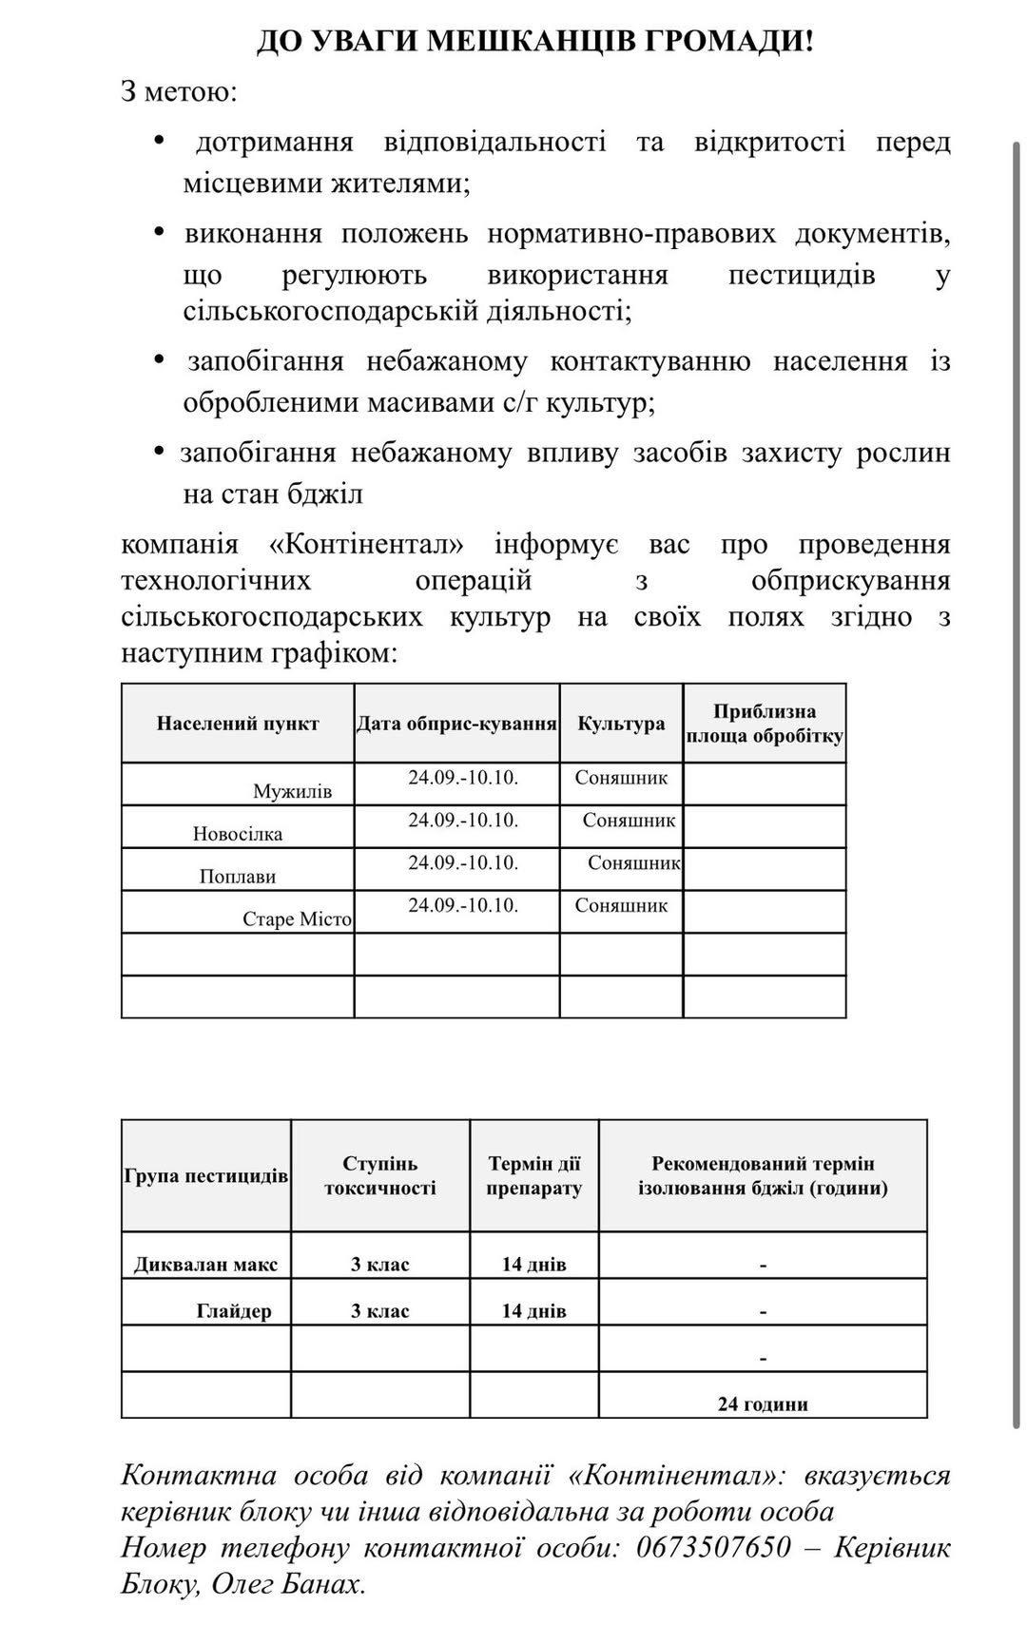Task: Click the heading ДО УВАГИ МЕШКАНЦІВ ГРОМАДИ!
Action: pyautogui.click(x=535, y=42)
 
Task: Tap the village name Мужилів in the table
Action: pyautogui.click(x=292, y=791)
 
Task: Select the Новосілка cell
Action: pyautogui.click(x=238, y=834)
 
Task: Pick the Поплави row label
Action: pyautogui.click(x=238, y=877)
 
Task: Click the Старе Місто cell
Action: pyautogui.click(x=297, y=919)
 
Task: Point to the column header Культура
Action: pyautogui.click(x=621, y=724)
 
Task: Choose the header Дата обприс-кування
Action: pyautogui.click(x=456, y=724)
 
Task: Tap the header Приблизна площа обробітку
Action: pyautogui.click(x=765, y=724)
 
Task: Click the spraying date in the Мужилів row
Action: pyautogui.click(x=463, y=778)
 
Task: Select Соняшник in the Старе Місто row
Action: pyautogui.click(x=621, y=905)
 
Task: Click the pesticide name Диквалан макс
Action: pyautogui.click(x=206, y=1265)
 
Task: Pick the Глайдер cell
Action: pyautogui.click(x=234, y=1311)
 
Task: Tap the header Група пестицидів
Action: pyautogui.click(x=206, y=1176)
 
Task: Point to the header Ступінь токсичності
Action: pyautogui.click(x=380, y=1176)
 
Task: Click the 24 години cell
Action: pyautogui.click(x=763, y=1404)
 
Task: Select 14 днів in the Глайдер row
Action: pyautogui.click(x=533, y=1311)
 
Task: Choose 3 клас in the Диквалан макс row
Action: pyautogui.click(x=380, y=1265)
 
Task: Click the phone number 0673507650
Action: pyautogui.click(x=713, y=1548)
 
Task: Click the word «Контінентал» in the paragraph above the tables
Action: pyautogui.click(x=367, y=545)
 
